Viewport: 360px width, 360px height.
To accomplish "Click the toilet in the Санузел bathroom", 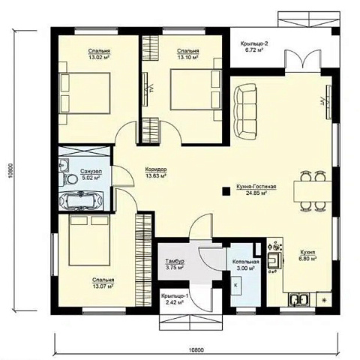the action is [x=70, y=179].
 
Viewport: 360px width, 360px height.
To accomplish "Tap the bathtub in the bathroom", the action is [x=81, y=200].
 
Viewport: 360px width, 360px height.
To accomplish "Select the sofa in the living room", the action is [x=246, y=112].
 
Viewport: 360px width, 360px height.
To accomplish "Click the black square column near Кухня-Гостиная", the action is [x=226, y=191].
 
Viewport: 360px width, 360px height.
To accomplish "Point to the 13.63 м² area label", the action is [x=156, y=175].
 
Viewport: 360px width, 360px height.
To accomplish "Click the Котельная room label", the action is [x=245, y=262].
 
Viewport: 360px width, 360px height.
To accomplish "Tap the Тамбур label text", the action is [x=175, y=261].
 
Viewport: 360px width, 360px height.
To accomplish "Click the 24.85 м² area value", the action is [x=256, y=193].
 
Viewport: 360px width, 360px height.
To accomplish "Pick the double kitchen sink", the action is [x=299, y=299].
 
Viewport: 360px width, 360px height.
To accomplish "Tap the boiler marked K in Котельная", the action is [x=235, y=286].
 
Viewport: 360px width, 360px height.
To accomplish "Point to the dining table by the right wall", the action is [x=313, y=191].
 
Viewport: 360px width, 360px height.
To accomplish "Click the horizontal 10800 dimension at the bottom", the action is [x=196, y=349].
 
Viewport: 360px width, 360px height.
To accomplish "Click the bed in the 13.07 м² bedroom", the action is [x=89, y=240].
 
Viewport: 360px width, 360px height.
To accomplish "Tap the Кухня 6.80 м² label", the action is [x=307, y=256].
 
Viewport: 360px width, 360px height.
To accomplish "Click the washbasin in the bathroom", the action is [x=63, y=165].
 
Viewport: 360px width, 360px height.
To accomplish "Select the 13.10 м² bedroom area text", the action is [x=187, y=57].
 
